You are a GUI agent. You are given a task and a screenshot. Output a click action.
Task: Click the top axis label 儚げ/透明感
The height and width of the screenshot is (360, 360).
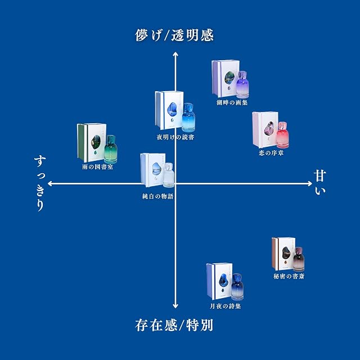(174, 35)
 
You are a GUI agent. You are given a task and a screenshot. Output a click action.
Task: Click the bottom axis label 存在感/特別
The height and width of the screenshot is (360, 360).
(174, 325)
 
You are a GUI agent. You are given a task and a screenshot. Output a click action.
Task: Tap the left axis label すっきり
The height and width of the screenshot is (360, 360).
(40, 183)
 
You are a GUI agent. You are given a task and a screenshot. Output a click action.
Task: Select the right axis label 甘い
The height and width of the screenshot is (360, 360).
(320, 182)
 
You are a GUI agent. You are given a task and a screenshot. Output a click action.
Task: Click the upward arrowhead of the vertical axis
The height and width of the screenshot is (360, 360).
(175, 54)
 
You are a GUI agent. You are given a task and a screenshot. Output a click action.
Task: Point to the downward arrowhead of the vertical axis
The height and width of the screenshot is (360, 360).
(175, 305)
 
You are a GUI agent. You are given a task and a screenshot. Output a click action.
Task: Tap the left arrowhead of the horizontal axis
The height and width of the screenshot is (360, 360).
(50, 183)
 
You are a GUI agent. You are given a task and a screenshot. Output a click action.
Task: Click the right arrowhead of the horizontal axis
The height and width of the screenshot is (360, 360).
(310, 183)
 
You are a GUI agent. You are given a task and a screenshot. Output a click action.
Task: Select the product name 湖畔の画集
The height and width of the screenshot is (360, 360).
(232, 102)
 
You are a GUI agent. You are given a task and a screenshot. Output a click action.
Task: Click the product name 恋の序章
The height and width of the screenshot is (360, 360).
(271, 152)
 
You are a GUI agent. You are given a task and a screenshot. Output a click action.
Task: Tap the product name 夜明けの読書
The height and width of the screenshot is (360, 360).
(175, 137)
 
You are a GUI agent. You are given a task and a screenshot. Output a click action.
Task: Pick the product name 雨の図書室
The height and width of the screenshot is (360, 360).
(97, 166)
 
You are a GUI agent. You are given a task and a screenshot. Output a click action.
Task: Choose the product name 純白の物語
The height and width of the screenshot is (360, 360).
(157, 196)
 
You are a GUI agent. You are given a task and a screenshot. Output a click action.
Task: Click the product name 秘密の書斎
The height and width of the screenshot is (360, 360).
(289, 276)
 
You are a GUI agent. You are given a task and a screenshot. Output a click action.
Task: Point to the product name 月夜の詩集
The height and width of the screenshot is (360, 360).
(225, 306)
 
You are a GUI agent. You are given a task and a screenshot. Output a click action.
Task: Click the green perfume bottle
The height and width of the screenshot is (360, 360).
(111, 149)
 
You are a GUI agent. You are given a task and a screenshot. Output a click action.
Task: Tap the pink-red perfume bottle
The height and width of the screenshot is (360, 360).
(282, 135)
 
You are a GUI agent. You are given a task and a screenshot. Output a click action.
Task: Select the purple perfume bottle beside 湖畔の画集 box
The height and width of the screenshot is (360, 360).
(242, 84)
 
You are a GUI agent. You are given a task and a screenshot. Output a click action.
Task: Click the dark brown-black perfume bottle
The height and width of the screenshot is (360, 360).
(299, 259)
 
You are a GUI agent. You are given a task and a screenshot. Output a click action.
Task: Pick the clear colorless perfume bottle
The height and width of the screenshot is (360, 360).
(169, 175)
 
